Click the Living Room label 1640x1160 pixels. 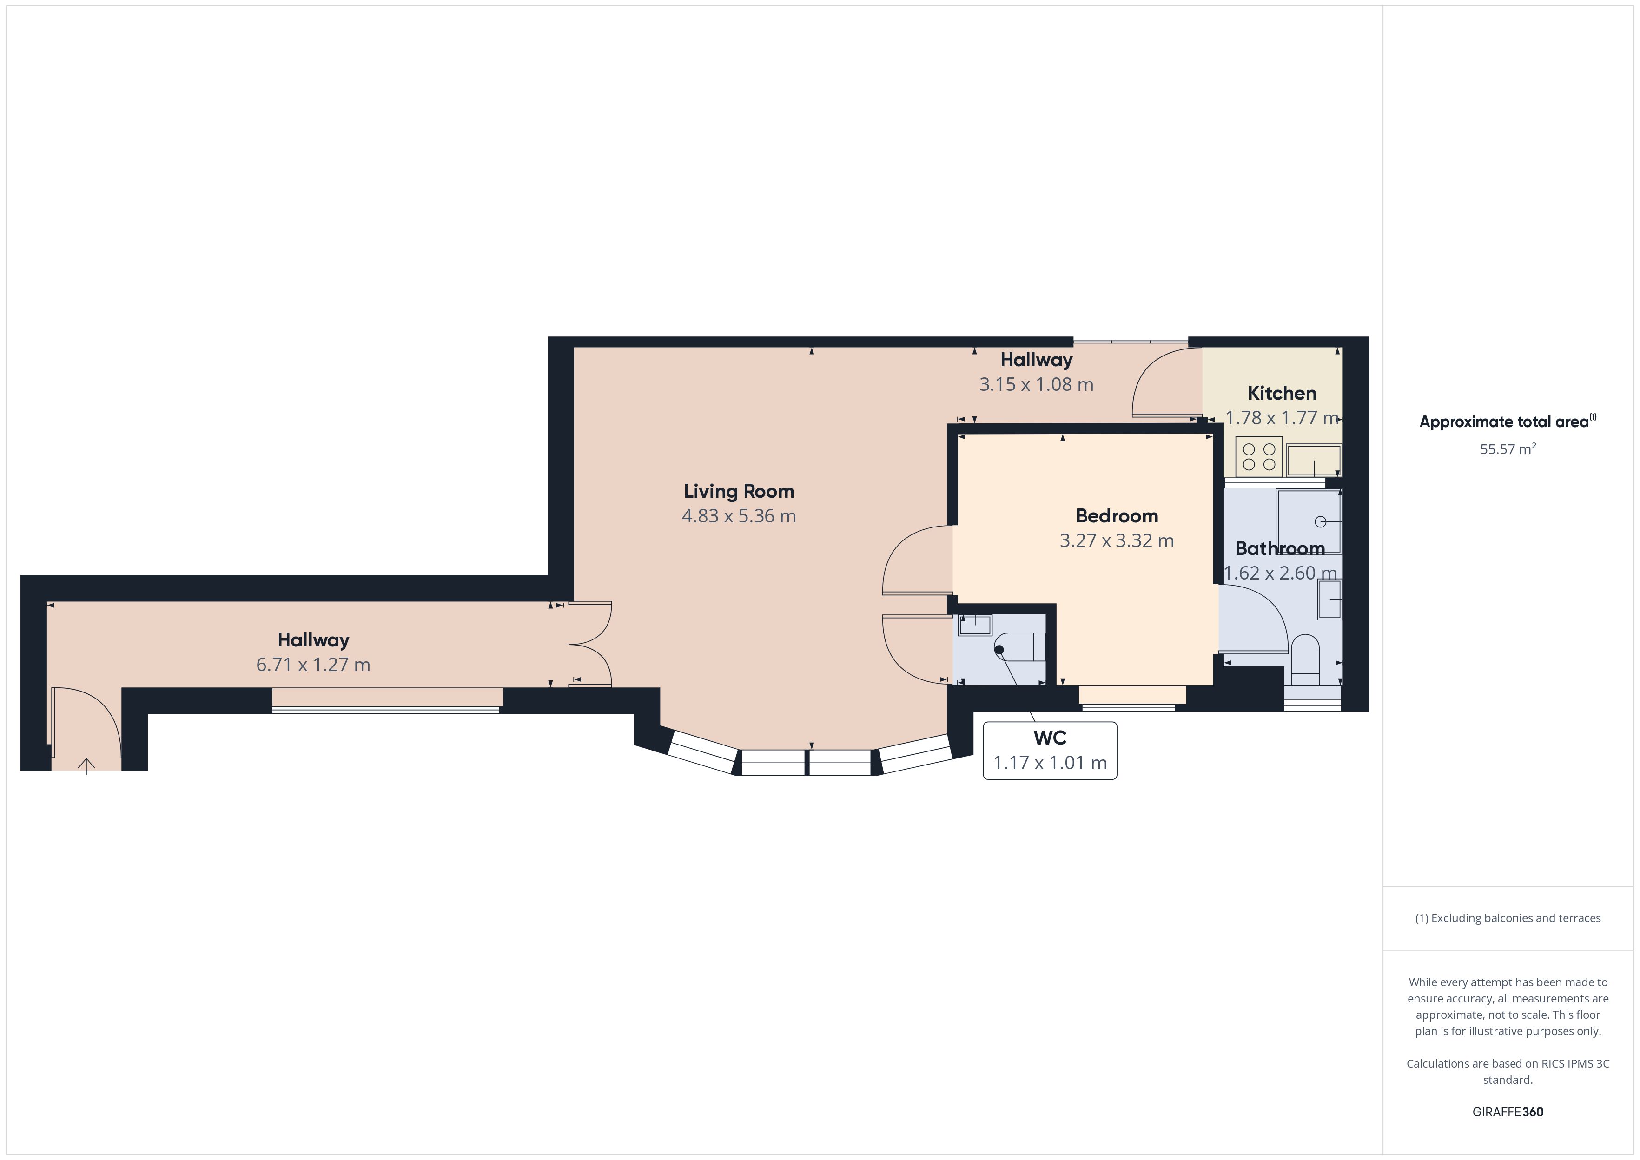739,491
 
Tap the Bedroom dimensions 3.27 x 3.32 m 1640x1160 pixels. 1117,540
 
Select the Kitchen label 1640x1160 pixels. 1282,393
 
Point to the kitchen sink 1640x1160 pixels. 1314,461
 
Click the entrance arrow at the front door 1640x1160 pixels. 86,766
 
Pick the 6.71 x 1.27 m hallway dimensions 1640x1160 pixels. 313,665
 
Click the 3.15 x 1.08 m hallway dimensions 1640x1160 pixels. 1036,384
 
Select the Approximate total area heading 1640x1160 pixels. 1507,422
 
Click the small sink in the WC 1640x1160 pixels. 975,625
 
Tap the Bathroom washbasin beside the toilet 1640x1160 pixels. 1330,599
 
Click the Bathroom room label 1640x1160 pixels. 1280,548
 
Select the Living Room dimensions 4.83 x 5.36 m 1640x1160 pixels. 739,516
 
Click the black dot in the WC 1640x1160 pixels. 999,649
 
